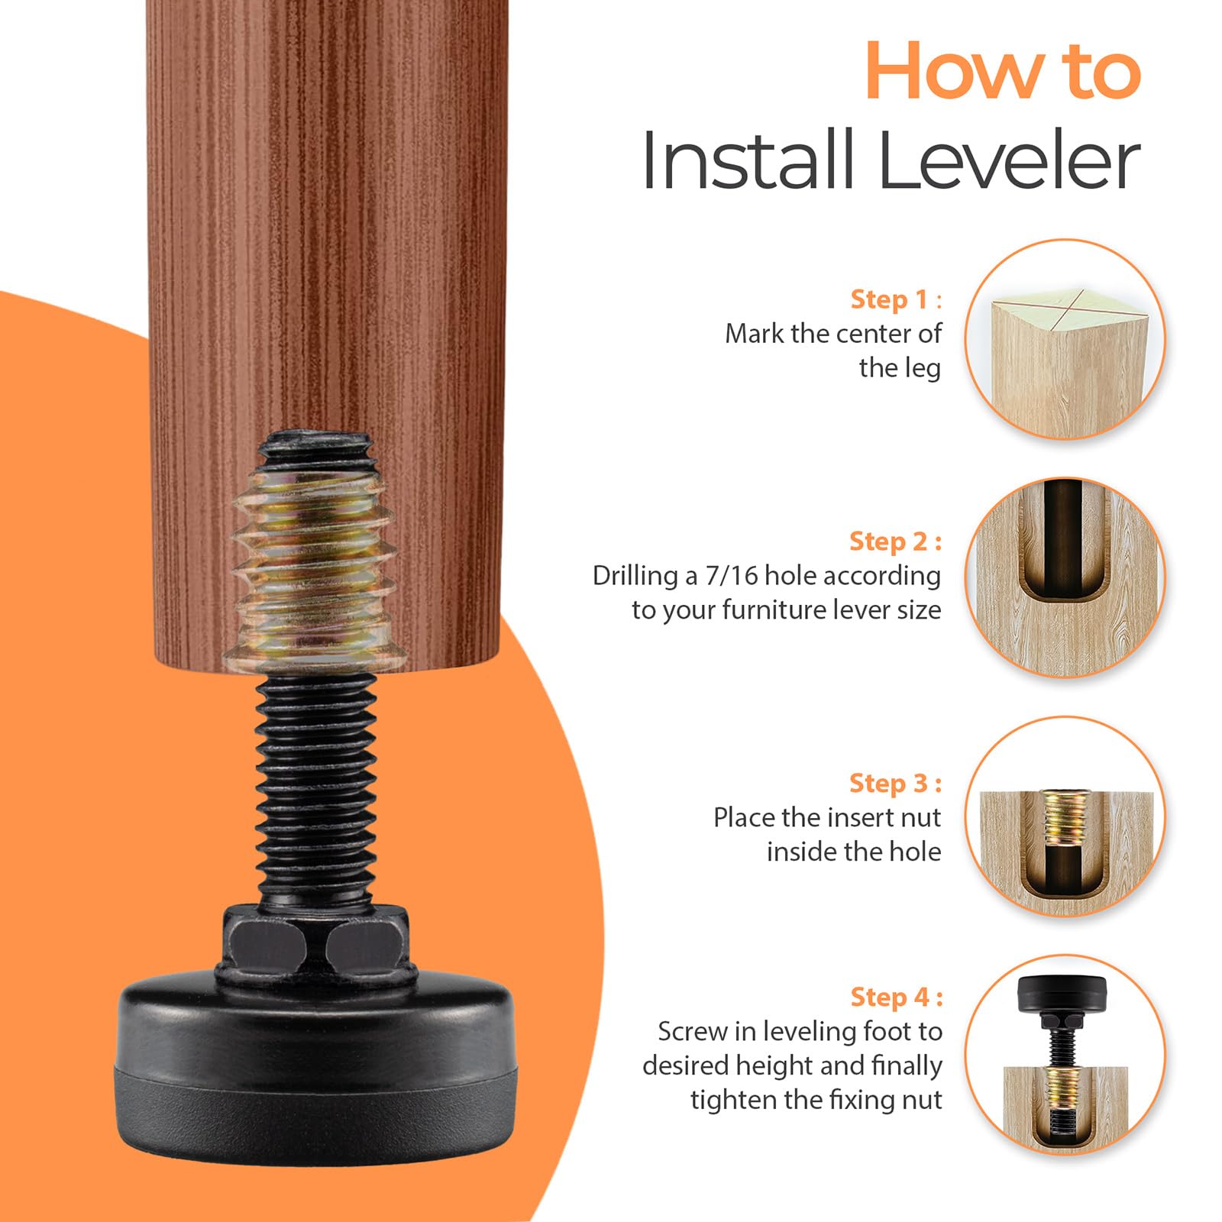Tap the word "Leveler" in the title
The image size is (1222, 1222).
[x=1009, y=160]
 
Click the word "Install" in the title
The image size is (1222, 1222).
[x=748, y=160]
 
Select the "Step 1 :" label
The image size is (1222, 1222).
[x=896, y=299]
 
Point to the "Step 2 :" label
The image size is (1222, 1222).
[x=895, y=541]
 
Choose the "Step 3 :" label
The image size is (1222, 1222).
[x=895, y=783]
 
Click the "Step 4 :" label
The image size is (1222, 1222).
[x=897, y=997]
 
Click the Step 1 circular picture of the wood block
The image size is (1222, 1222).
[x=1065, y=339]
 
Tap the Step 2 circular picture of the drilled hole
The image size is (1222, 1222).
[x=1065, y=577]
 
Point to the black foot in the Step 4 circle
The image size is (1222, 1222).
[x=1064, y=1002]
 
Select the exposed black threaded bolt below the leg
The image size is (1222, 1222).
[x=315, y=787]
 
